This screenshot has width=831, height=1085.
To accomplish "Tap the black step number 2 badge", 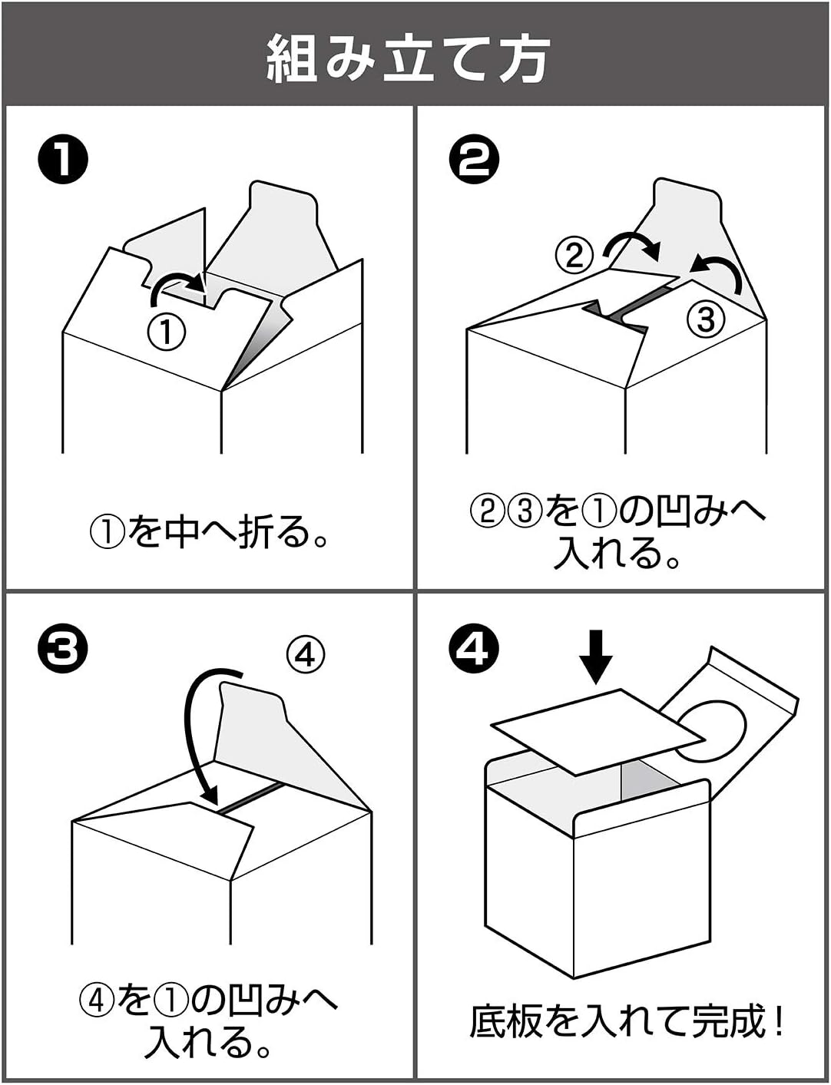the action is (474, 160).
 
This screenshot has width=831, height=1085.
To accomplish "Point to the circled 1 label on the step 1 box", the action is (167, 332).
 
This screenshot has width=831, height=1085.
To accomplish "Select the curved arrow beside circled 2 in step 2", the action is (631, 244).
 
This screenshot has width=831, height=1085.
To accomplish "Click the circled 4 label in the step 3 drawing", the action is (306, 654).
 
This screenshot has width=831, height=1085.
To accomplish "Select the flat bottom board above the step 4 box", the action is (598, 730).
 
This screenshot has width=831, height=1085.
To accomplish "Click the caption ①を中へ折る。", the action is (209, 531).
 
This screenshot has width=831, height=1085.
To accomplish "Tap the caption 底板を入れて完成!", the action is (626, 1020).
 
